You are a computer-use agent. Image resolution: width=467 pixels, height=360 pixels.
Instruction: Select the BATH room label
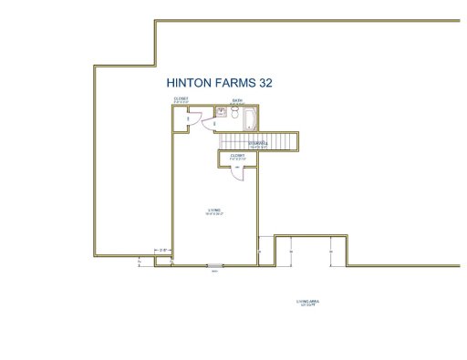(236, 101)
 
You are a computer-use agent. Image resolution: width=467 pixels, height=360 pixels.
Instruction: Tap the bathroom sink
(221, 112)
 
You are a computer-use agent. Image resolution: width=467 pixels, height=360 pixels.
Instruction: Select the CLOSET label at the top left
(181, 99)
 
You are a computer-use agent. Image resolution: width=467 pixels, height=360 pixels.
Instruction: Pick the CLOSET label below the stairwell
(238, 157)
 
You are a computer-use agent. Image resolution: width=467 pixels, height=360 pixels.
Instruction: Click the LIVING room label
(215, 213)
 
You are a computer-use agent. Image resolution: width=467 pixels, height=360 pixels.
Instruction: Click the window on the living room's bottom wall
(213, 266)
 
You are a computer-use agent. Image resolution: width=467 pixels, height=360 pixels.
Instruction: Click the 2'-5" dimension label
(163, 249)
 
